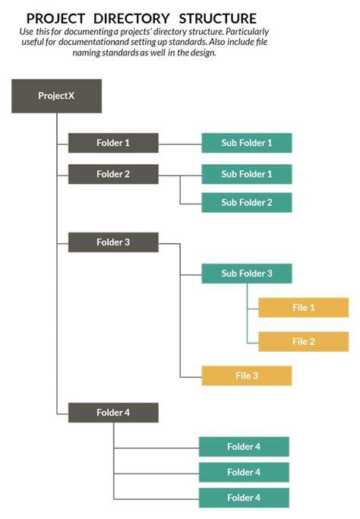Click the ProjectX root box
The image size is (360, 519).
pos(56,96)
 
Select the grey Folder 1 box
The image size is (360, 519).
pos(113,143)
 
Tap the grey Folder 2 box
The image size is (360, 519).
pos(113,174)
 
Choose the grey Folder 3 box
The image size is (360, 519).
pos(113,242)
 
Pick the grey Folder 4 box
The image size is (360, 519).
pos(113,413)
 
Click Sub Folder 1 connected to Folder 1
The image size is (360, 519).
pos(246,143)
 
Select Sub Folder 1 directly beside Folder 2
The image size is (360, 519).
pos(246,174)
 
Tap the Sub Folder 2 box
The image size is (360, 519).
pos(246,202)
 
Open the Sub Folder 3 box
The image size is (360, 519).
pos(246,274)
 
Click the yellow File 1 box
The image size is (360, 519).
pos(303,308)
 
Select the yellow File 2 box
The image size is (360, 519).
pos(303,341)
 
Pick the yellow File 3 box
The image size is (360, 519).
pos(246,375)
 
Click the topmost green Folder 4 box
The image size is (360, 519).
pos(244,447)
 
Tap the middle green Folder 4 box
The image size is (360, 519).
pos(244,472)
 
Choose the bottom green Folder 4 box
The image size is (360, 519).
pos(244,498)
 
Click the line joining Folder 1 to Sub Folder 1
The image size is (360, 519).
pos(180,143)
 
